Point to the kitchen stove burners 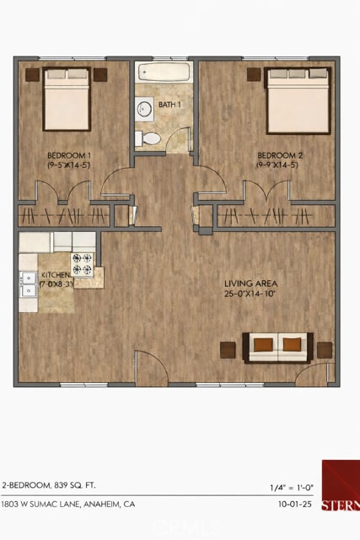83,265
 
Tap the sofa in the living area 277,346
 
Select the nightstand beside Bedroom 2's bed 254,74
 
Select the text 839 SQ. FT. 75,486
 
